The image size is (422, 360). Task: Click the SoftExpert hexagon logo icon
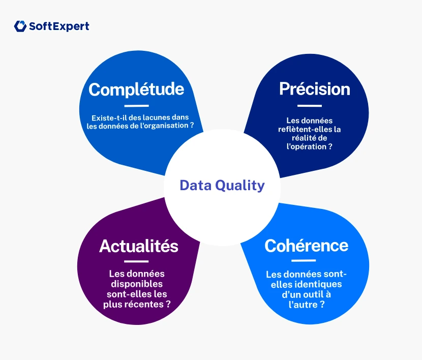point(20,26)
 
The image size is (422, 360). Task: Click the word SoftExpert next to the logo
point(58,26)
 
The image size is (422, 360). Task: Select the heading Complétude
point(136,89)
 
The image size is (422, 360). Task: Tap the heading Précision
point(314,88)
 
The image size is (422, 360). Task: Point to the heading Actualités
point(139,246)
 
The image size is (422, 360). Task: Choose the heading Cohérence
point(306,246)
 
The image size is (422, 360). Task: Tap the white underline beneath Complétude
point(136,106)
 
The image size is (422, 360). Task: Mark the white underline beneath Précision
point(310,106)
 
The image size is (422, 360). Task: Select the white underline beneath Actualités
point(136,261)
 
